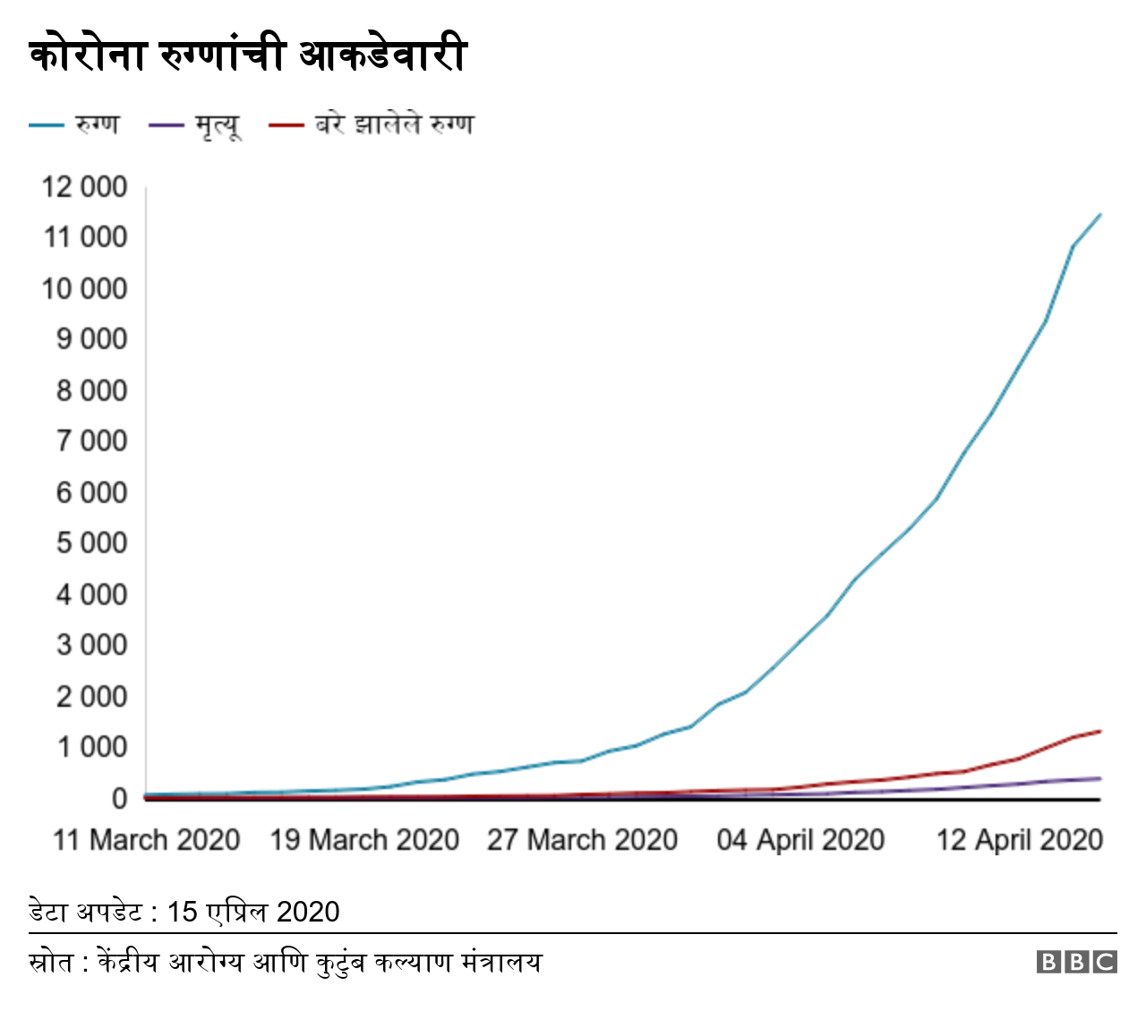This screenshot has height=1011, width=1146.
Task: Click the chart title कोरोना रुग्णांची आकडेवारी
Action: (x=248, y=55)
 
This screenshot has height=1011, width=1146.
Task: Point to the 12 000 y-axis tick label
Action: (x=84, y=187)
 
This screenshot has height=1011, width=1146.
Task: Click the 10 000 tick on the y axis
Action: (x=84, y=289)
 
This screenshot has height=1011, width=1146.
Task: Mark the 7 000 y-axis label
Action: (x=91, y=441)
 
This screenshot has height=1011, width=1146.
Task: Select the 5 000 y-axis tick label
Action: (x=91, y=543)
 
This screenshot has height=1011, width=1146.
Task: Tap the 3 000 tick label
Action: (x=91, y=645)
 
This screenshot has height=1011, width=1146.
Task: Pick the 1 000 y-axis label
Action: (x=91, y=747)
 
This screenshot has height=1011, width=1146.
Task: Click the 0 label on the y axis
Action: (x=119, y=798)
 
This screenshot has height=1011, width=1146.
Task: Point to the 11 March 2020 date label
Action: (x=147, y=840)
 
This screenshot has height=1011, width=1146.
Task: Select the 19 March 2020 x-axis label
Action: (x=364, y=840)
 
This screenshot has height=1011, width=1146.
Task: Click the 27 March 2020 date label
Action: (x=582, y=840)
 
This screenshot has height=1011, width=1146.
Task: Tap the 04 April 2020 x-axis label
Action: (x=800, y=840)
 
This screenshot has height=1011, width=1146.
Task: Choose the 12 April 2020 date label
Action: (x=1019, y=840)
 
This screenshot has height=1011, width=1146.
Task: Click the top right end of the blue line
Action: (x=1099, y=215)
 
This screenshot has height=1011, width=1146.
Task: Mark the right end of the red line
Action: (x=1099, y=731)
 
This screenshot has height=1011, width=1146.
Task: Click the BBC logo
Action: (x=1077, y=962)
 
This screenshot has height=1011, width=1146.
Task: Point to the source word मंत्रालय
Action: (x=501, y=963)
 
